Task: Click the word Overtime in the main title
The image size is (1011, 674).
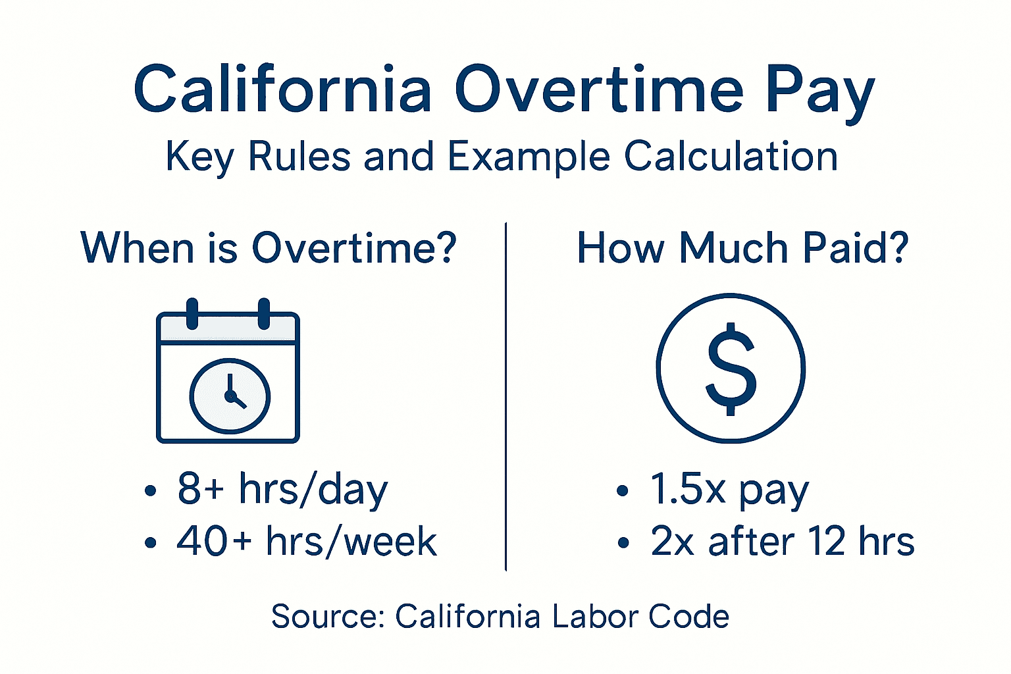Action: (599, 89)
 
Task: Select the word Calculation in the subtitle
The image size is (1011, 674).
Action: (731, 157)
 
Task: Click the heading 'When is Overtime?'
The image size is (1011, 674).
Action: (268, 248)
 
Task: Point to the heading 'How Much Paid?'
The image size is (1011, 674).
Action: (742, 248)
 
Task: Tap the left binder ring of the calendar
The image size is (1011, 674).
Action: (192, 313)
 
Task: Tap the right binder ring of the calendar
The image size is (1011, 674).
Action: (264, 313)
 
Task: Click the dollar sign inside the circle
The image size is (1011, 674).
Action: (731, 369)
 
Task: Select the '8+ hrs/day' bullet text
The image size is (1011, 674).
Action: (282, 490)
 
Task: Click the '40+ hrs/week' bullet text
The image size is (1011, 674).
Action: (306, 542)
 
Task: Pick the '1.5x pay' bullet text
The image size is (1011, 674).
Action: (729, 490)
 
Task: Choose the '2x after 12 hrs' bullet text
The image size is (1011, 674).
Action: (782, 542)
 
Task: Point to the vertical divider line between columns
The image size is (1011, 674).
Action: (505, 395)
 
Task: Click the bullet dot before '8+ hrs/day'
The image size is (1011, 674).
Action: (151, 491)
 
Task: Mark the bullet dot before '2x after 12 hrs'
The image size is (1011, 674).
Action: (623, 543)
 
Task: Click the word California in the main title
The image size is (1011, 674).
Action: (283, 89)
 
